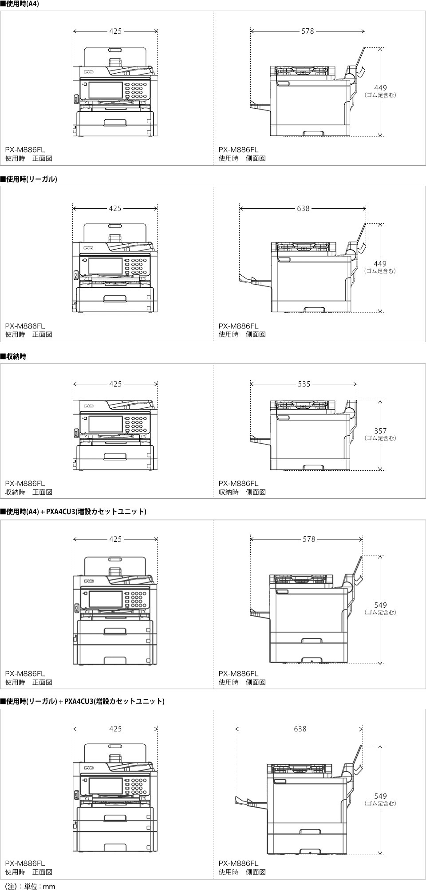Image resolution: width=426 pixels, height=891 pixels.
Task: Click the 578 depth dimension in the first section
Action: tap(308, 31)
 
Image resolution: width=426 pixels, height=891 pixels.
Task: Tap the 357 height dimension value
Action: tap(380, 431)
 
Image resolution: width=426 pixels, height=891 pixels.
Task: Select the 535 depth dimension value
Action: tap(304, 384)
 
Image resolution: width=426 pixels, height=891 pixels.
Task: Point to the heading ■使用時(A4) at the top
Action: tap(20, 4)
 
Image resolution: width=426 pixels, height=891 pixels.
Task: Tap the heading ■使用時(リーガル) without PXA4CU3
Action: tap(29, 179)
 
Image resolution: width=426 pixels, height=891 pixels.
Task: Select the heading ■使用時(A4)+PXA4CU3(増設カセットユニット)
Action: tap(74, 512)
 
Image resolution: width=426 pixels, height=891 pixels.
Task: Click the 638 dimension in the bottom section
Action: tap(300, 729)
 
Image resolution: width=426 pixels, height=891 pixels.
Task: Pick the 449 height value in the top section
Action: tap(380, 88)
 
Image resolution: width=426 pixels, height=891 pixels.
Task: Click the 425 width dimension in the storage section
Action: tap(115, 384)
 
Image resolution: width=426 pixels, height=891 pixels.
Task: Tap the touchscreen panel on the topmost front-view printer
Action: tap(105, 90)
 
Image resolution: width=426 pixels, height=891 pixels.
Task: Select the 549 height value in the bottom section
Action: tap(380, 796)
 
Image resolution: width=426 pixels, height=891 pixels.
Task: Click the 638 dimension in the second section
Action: tap(303, 208)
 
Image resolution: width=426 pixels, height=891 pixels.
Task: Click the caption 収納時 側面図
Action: tap(242, 492)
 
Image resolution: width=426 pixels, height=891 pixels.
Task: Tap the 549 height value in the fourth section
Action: tap(380, 605)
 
